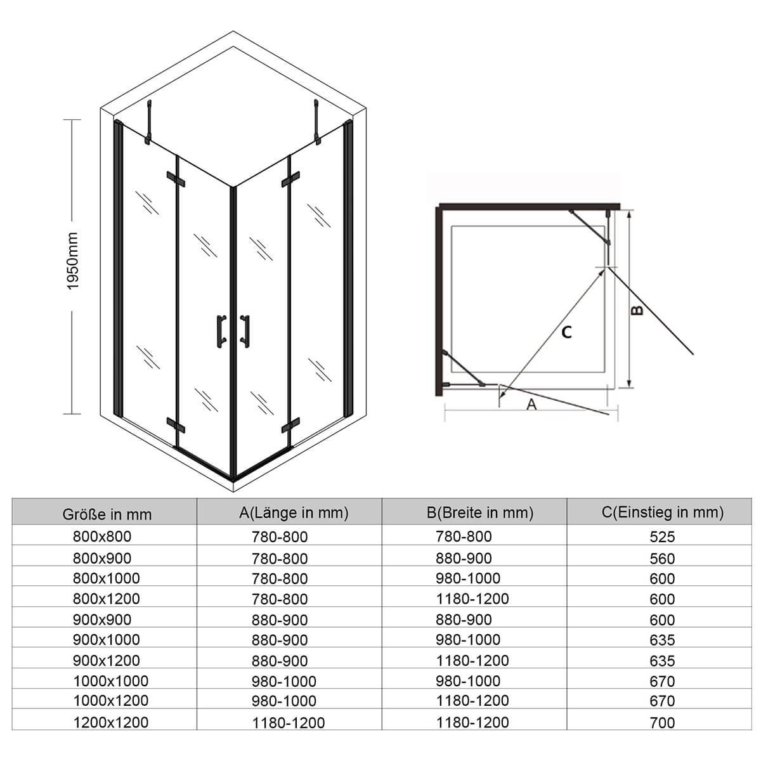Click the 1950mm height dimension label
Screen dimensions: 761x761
point(73,261)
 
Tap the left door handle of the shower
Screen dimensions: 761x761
point(221,331)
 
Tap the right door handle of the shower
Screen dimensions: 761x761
point(245,331)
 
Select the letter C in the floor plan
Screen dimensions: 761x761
point(566,332)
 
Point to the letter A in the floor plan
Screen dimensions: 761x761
point(531,405)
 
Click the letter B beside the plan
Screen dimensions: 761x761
point(637,310)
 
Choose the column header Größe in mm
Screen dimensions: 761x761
point(107,514)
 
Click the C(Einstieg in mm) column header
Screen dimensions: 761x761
point(663,512)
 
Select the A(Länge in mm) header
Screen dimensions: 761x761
point(294,512)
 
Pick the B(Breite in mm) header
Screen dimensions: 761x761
point(480,512)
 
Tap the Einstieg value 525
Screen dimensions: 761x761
point(662,537)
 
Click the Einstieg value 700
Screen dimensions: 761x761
point(662,723)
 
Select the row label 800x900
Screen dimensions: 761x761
point(102,558)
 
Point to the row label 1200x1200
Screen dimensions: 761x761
point(111,722)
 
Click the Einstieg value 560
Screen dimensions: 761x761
point(662,559)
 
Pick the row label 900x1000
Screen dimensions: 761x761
point(107,640)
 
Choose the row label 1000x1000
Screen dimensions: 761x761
point(111,681)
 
